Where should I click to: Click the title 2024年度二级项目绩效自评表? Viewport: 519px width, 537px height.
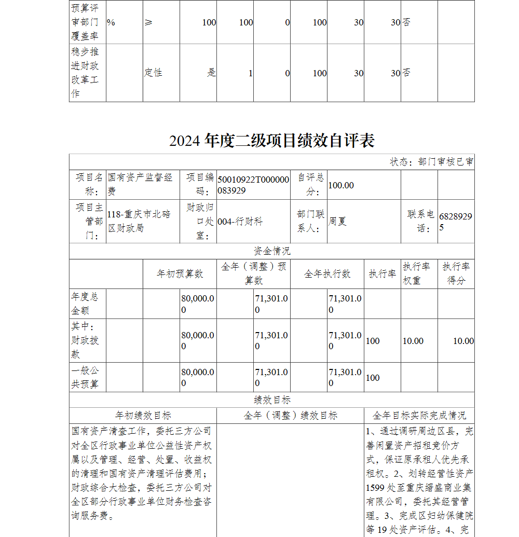pyautogui.click(x=271, y=141)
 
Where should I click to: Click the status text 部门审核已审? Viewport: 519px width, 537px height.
pyautogui.click(x=431, y=162)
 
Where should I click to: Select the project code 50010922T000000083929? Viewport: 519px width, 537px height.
pyautogui.click(x=253, y=185)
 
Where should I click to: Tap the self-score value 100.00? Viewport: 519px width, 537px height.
pyautogui.click(x=341, y=185)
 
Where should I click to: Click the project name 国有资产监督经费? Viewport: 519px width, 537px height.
pyautogui.click(x=140, y=184)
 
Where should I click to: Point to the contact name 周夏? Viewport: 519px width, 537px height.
pyautogui.click(x=337, y=222)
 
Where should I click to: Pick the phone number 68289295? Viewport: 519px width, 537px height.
pyautogui.click(x=455, y=222)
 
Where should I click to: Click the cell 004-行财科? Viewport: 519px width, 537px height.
pyautogui.click(x=240, y=222)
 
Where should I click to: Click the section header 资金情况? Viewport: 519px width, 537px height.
pyautogui.click(x=272, y=251)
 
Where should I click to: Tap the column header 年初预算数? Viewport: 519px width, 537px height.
pyautogui.click(x=180, y=274)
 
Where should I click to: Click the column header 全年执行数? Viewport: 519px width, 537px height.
pyautogui.click(x=327, y=274)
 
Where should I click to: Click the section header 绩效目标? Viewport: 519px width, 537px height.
pyautogui.click(x=272, y=400)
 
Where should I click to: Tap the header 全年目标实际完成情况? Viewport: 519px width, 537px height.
pyautogui.click(x=419, y=416)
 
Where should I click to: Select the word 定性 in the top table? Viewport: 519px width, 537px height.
pyautogui.click(x=153, y=73)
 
